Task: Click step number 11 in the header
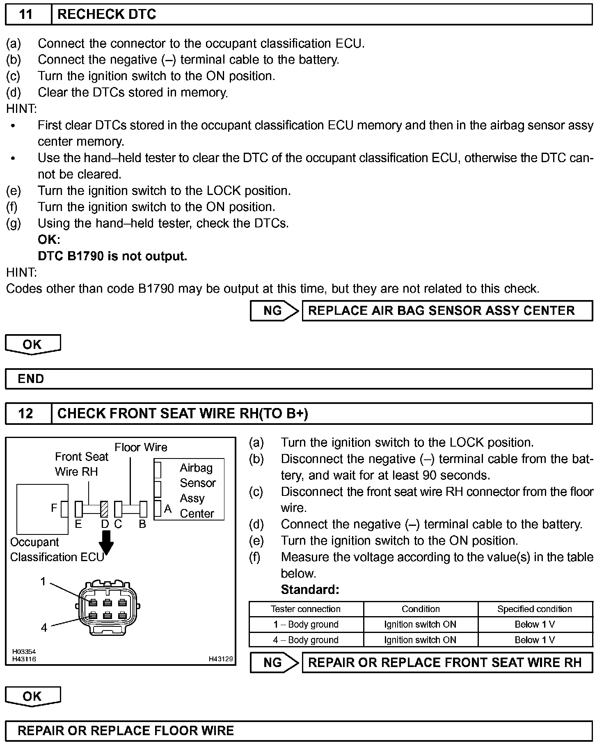25,15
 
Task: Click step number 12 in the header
25,413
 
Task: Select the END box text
31,378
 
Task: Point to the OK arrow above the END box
32,344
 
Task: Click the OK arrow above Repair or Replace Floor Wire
32,696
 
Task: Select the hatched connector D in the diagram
104,509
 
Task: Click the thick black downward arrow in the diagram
106,543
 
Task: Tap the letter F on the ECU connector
54,508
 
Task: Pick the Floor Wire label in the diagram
141,447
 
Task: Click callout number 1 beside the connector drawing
43,581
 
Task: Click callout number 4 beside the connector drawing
44,627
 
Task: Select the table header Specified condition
534,609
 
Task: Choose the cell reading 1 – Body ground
306,624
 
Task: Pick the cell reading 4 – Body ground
306,640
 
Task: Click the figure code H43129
221,659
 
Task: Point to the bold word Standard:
310,590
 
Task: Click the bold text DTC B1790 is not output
112,256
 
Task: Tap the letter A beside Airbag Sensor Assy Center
167,509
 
